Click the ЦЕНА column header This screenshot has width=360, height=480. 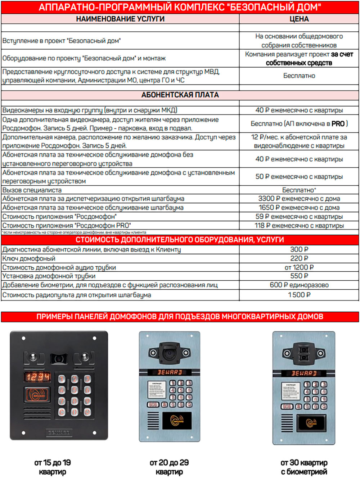point(299,19)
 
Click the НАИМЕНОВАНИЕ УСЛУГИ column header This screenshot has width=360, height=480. point(120,19)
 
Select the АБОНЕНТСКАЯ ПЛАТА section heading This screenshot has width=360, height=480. point(180,95)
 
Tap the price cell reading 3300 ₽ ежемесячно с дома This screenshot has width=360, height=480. point(299,199)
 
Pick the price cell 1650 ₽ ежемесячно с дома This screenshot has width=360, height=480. point(299,208)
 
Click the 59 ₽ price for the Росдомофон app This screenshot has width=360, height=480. point(299,217)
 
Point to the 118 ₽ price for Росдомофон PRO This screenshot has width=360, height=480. point(299,226)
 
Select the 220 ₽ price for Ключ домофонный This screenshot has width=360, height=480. point(299,258)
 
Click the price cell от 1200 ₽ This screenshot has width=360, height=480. point(299,267)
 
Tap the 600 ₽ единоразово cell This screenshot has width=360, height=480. point(299,285)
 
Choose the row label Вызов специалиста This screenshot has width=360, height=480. point(32,190)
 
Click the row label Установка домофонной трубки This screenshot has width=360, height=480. point(49,276)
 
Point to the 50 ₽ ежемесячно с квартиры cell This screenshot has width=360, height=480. point(299,177)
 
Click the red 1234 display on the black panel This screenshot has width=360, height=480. point(37,377)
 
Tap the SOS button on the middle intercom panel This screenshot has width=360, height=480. point(153,404)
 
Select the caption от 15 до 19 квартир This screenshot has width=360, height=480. point(53,467)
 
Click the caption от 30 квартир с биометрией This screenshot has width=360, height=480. point(304,467)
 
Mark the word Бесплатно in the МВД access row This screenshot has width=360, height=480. point(299,76)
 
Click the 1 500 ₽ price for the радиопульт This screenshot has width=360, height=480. point(299,295)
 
